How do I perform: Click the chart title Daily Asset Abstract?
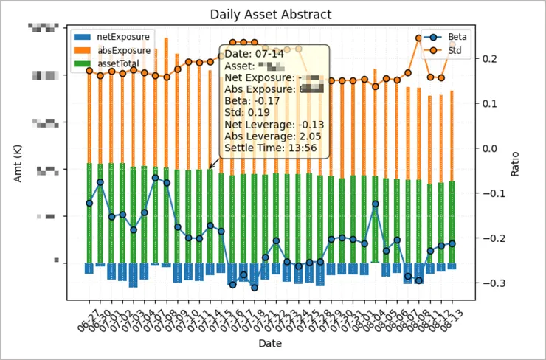click(x=270, y=15)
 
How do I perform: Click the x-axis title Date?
click(x=270, y=344)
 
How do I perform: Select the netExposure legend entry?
click(x=123, y=36)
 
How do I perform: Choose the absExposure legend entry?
click(x=123, y=51)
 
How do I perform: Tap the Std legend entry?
click(x=457, y=50)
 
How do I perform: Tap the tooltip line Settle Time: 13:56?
click(x=271, y=148)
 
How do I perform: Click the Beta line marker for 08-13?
click(x=452, y=243)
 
